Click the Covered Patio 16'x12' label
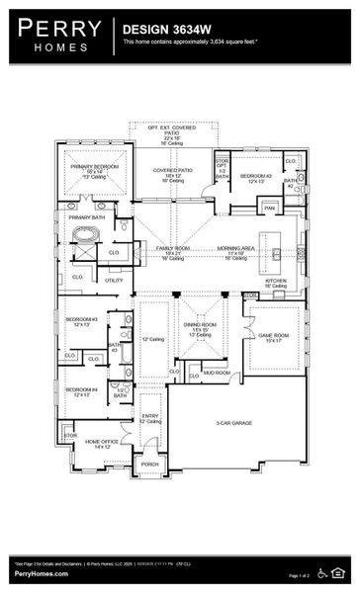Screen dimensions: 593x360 tap(172, 174)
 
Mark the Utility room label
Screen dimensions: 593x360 tap(114, 281)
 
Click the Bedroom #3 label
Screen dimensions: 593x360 tap(81, 321)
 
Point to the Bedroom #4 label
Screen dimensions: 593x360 tap(81, 390)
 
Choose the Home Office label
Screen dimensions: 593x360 tap(102, 444)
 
